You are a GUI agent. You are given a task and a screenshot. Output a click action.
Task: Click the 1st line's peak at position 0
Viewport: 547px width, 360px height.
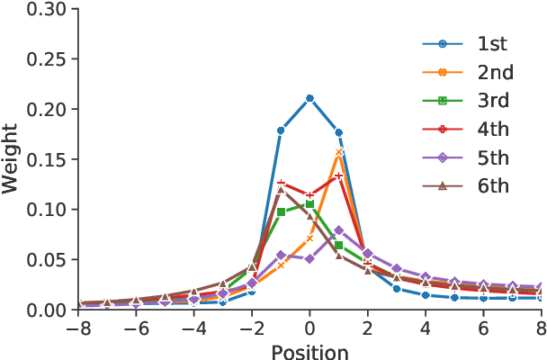[309, 98]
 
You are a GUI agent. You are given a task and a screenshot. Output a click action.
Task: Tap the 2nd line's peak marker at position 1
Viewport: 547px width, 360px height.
[339, 152]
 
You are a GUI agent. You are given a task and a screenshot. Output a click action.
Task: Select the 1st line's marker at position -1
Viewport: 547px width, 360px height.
[281, 130]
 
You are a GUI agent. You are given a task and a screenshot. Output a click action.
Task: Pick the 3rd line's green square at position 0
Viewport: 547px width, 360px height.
[309, 204]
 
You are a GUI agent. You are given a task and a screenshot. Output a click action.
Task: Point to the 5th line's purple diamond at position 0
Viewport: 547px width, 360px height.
[309, 258]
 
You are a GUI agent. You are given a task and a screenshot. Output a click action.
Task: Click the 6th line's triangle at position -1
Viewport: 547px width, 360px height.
[281, 189]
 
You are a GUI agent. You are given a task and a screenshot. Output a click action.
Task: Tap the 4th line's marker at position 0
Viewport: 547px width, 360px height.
[309, 195]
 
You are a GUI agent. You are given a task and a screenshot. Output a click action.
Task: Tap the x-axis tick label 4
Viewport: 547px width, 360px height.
[426, 329]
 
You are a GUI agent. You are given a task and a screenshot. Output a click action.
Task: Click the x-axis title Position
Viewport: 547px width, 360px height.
[309, 351]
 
